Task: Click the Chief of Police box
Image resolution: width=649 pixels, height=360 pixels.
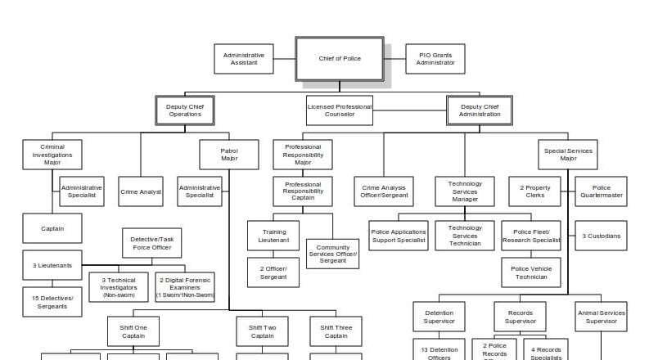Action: pyautogui.click(x=340, y=59)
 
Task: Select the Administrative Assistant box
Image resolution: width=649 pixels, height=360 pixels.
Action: pyautogui.click(x=244, y=59)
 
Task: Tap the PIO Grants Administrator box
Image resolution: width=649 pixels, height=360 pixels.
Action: pyautogui.click(x=435, y=59)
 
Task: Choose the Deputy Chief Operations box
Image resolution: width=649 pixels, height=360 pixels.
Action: pyautogui.click(x=185, y=110)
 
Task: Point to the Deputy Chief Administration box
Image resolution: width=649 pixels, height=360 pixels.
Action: pyautogui.click(x=480, y=110)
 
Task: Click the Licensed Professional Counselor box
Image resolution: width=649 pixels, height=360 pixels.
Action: pyautogui.click(x=340, y=110)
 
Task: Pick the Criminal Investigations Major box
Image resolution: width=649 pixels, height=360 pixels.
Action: pyautogui.click(x=52, y=155)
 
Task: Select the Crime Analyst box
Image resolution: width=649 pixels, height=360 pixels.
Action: pyautogui.click(x=141, y=191)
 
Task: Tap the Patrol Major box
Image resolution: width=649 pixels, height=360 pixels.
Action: pyautogui.click(x=229, y=155)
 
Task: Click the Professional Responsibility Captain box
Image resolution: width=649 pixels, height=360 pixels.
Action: pyautogui.click(x=303, y=191)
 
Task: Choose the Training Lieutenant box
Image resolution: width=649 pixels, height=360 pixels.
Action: pyautogui.click(x=273, y=236)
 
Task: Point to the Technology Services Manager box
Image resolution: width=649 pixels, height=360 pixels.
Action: pyautogui.click(x=465, y=191)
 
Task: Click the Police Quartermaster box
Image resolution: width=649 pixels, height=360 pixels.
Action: pyautogui.click(x=602, y=191)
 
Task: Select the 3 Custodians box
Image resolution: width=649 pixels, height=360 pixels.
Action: pyautogui.click(x=602, y=236)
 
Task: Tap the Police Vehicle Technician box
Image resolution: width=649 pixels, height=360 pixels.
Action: pyautogui.click(x=531, y=272)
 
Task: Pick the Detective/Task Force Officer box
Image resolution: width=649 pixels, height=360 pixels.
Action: pyautogui.click(x=151, y=243)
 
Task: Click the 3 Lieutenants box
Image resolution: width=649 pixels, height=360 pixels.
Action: pyautogui.click(x=52, y=265)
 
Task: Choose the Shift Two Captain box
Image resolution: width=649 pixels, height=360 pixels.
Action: pyautogui.click(x=263, y=331)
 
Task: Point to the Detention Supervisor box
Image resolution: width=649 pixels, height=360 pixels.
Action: pyautogui.click(x=439, y=317)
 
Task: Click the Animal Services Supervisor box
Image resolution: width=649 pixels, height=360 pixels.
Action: pyautogui.click(x=602, y=317)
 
